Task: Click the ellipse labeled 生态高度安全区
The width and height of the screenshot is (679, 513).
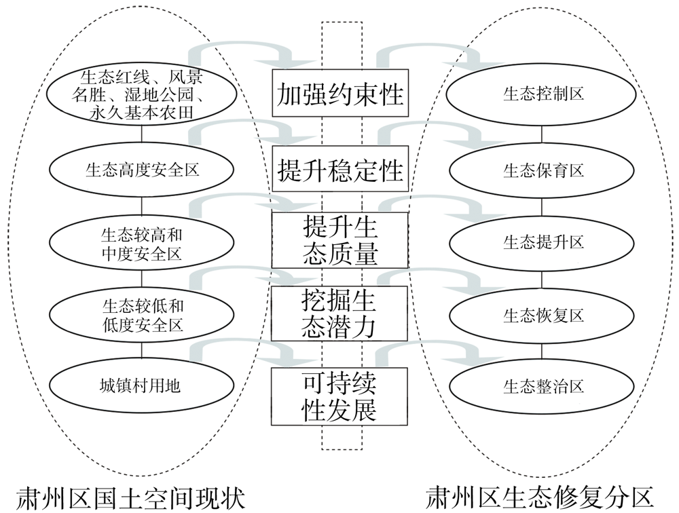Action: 142,170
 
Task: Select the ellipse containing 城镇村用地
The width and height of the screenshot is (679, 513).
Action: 142,387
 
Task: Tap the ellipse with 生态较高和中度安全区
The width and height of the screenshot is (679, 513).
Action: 142,244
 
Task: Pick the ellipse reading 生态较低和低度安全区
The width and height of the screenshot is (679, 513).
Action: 142,316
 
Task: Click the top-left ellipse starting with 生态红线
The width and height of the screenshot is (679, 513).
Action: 142,94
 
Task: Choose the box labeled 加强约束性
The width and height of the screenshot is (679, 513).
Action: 339,94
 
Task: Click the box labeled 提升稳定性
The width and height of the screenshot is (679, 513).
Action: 339,170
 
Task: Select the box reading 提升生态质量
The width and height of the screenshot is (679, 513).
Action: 339,240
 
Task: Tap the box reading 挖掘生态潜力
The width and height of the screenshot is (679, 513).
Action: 339,313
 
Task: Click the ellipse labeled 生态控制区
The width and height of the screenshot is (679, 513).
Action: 543,94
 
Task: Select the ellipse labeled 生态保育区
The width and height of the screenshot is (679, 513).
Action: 543,170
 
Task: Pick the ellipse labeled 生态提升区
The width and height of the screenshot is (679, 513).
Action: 543,242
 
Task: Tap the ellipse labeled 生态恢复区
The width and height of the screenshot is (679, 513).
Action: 543,315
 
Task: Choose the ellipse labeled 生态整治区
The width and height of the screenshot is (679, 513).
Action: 543,387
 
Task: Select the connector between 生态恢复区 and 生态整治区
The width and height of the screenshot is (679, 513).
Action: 543,351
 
